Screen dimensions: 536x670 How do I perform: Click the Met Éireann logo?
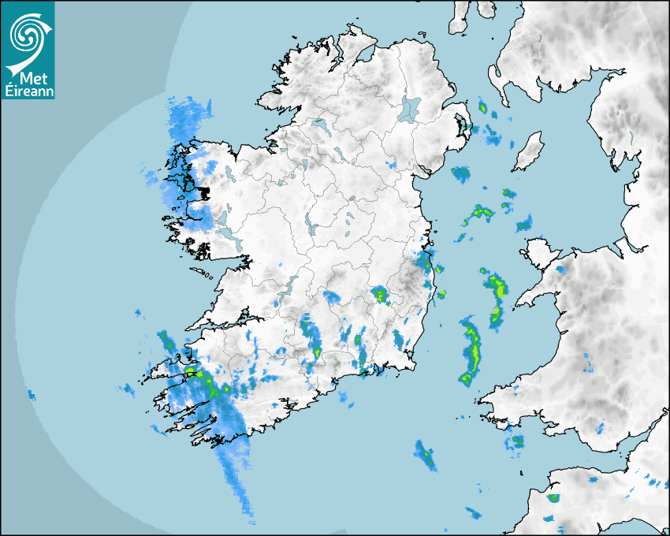coord(28,49)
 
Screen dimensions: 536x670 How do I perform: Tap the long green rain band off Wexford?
coord(471,350)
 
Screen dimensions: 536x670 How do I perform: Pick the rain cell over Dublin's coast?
coord(425,259)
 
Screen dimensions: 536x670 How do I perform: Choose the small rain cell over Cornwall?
coord(553,498)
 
